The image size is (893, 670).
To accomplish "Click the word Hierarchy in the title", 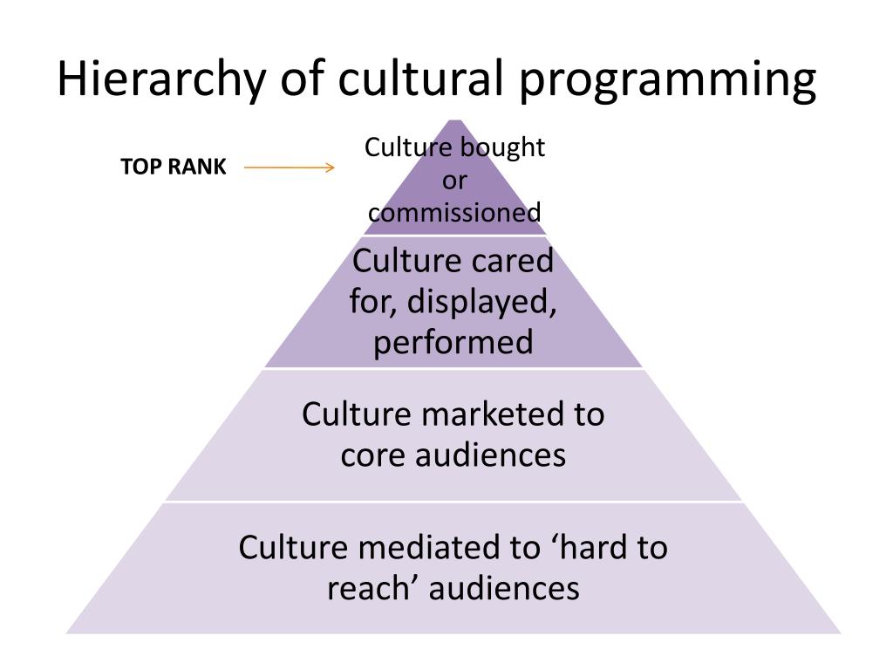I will click(x=160, y=81).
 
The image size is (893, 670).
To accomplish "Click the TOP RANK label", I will click(x=173, y=167).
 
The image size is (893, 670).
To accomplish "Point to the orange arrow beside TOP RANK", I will click(x=290, y=167).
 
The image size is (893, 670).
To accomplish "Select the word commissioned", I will click(x=454, y=212).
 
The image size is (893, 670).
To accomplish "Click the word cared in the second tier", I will click(x=514, y=261).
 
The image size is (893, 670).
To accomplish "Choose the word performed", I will click(x=453, y=342).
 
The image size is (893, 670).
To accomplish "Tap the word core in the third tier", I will click(x=369, y=455).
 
